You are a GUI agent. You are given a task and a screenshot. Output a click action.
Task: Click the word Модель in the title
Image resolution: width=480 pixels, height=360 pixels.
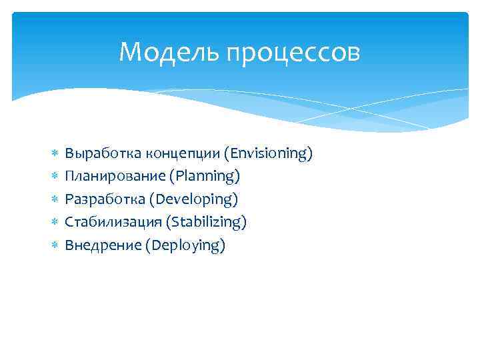[169, 53]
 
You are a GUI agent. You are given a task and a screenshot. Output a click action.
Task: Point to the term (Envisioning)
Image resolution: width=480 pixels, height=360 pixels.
[268, 154]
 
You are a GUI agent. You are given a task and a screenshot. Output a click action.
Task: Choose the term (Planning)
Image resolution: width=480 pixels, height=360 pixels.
[205, 177]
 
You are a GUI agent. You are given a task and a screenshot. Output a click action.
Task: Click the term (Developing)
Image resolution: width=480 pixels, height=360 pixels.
[193, 199]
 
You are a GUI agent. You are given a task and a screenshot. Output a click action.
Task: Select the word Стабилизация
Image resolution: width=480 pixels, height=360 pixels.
[109, 222]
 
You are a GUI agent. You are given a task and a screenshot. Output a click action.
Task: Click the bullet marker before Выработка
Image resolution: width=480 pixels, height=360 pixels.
[55, 155]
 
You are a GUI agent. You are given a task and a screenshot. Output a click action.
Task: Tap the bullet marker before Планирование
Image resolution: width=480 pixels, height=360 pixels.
[55, 177]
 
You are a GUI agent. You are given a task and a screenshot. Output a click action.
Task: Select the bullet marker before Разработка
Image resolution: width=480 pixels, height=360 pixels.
[55, 200]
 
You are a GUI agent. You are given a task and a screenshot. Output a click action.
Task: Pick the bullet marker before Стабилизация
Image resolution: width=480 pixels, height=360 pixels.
[55, 223]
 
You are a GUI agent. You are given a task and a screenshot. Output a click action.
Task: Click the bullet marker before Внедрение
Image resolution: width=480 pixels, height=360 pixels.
[55, 246]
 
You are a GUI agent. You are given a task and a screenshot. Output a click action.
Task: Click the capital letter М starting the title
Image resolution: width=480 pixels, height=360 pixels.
[129, 53]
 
